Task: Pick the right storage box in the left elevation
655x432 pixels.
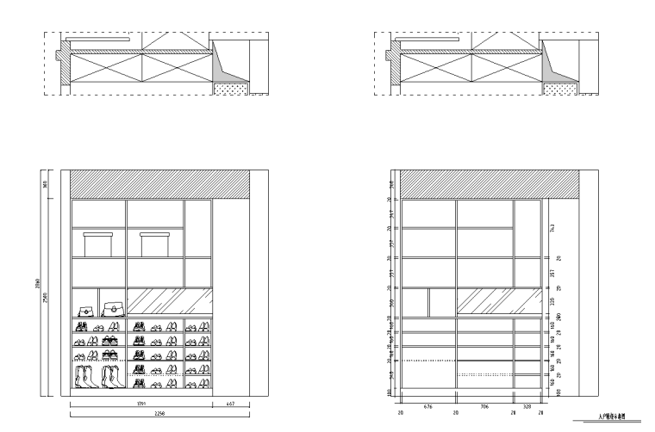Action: click(x=155, y=244)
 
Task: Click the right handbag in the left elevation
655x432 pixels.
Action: click(x=111, y=307)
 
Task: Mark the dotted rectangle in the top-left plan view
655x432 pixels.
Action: click(x=231, y=89)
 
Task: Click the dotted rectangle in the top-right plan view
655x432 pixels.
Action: click(x=561, y=89)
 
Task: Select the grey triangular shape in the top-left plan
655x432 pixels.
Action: click(x=227, y=67)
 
